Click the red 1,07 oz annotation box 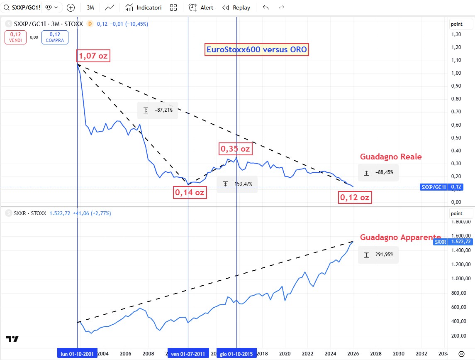93,56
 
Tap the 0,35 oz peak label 235,149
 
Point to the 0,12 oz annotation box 354,198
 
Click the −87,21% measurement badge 158,110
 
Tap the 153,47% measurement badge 237,184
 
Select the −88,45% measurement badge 378,172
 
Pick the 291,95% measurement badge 378,255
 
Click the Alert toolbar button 201,7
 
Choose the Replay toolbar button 236,7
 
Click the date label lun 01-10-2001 78,354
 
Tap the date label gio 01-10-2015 236,354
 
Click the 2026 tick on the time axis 353,354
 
